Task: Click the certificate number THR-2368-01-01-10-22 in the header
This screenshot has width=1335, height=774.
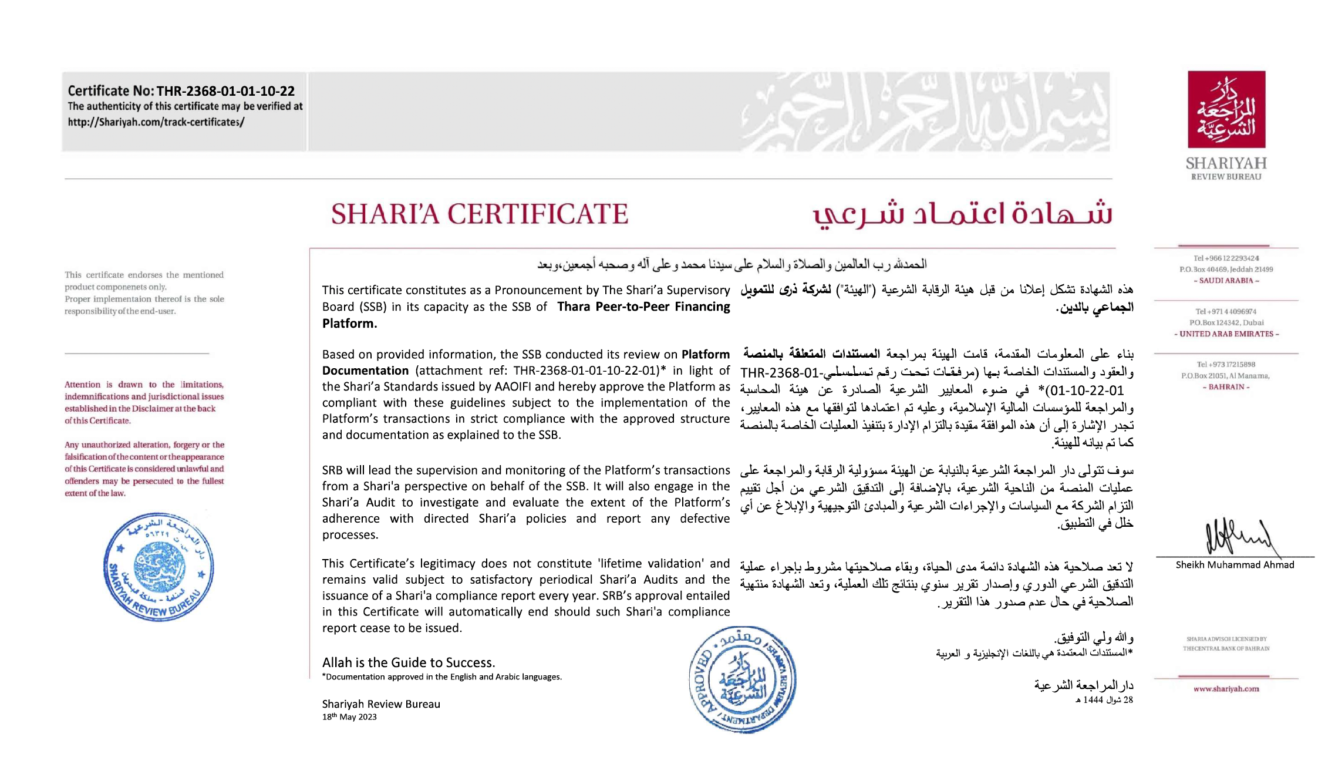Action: (x=225, y=91)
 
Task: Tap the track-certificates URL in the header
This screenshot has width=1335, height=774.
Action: (x=156, y=122)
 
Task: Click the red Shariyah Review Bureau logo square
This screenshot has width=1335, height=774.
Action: (x=1226, y=110)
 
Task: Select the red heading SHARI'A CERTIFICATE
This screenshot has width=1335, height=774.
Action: (x=479, y=214)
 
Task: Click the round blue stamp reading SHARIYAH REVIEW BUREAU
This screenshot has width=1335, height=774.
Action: (x=159, y=567)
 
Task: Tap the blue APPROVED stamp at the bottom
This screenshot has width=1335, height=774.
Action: (x=742, y=679)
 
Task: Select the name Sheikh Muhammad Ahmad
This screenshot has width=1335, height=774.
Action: (x=1235, y=565)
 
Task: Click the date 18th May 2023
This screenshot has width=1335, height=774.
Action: (x=349, y=717)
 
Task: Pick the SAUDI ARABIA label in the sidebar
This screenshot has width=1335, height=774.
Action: (x=1226, y=281)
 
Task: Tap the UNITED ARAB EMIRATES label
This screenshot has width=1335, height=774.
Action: (x=1226, y=334)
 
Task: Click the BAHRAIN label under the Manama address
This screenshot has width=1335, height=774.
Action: (x=1226, y=387)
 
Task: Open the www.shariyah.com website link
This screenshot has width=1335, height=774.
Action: (x=1226, y=689)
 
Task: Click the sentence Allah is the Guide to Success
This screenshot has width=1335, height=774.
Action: (x=409, y=662)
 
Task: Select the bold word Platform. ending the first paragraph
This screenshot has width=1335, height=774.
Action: (x=349, y=324)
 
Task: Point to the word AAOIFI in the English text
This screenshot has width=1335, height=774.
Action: (x=514, y=387)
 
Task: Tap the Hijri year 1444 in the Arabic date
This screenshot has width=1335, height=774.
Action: (x=1093, y=700)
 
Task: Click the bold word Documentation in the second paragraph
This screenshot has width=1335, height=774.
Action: (x=365, y=371)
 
